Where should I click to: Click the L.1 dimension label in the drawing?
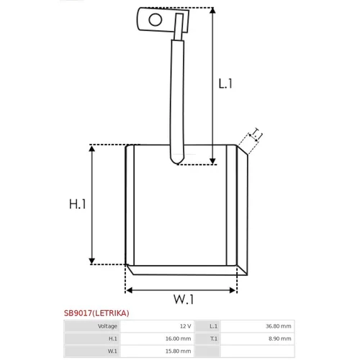pyautogui.click(x=225, y=84)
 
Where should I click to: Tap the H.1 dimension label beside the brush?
pyautogui.click(x=77, y=204)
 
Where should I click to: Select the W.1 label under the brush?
pyautogui.click(x=184, y=300)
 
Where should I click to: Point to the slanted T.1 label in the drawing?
pyautogui.click(x=256, y=135)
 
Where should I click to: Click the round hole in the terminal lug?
pyautogui.click(x=156, y=19)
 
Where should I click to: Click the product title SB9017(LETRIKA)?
pyautogui.click(x=96, y=313)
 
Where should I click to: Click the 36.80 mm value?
pyautogui.click(x=279, y=326)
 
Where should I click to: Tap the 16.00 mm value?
pyautogui.click(x=178, y=338)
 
